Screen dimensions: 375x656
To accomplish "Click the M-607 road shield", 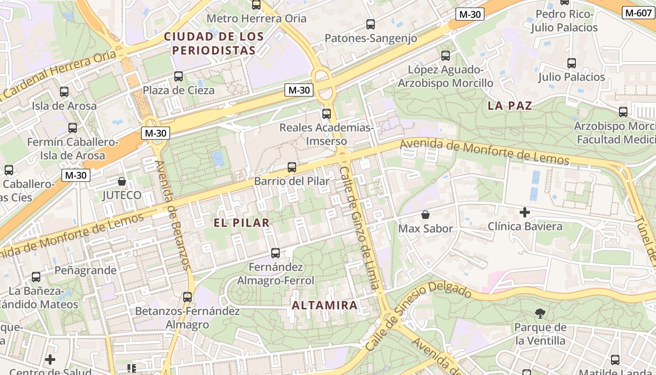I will (x=638, y=13).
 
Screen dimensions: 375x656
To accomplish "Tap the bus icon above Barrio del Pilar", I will (x=292, y=167).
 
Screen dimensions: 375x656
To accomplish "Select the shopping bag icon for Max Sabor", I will (x=425, y=215).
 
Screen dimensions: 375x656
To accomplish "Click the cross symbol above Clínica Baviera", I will (x=525, y=212).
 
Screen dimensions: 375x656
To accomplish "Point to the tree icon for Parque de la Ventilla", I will (x=540, y=313).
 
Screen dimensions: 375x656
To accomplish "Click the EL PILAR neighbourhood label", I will (x=242, y=223).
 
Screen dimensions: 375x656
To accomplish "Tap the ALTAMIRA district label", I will (x=325, y=306).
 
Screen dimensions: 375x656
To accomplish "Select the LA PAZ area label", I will (x=510, y=106).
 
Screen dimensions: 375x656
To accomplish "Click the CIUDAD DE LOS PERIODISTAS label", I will (x=214, y=43).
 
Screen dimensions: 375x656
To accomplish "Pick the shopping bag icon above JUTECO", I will (x=122, y=181).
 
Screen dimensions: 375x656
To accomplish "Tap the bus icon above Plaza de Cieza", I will (x=179, y=76).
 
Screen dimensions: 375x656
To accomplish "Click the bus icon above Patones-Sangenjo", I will (x=371, y=24).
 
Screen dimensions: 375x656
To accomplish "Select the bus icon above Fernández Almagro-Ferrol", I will (x=276, y=253).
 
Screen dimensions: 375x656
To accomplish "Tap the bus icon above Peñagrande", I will (x=36, y=277).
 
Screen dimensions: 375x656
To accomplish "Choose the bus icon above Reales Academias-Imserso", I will (x=327, y=113).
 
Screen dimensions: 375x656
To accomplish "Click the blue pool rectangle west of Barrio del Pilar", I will (x=218, y=159).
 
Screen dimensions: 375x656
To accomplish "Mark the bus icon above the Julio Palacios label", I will (x=572, y=63).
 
